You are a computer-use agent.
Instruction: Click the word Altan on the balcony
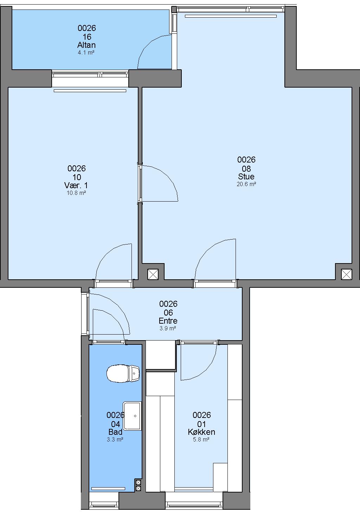[x=86, y=45]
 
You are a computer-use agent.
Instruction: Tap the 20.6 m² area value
[x=246, y=184]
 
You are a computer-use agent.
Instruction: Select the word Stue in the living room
[x=246, y=176]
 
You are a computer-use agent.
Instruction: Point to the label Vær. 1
[x=76, y=185]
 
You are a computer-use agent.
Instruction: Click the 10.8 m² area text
[x=76, y=193]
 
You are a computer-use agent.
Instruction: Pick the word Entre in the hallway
[x=168, y=321]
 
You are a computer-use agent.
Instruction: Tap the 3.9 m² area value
[x=168, y=328]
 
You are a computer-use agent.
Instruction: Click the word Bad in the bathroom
[x=115, y=432]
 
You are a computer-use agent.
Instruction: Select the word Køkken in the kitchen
[x=201, y=432]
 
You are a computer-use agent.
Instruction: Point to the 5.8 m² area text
[x=201, y=439]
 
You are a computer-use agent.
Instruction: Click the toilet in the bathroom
[x=123, y=373]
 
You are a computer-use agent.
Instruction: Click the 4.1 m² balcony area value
[x=86, y=52]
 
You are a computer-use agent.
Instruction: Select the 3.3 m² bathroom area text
[x=115, y=439]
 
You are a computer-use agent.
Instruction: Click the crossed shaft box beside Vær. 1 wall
[x=153, y=274]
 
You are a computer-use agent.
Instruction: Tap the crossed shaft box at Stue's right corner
[x=347, y=274]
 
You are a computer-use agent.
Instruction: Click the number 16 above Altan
[x=87, y=37]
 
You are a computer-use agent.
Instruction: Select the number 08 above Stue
[x=246, y=169]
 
